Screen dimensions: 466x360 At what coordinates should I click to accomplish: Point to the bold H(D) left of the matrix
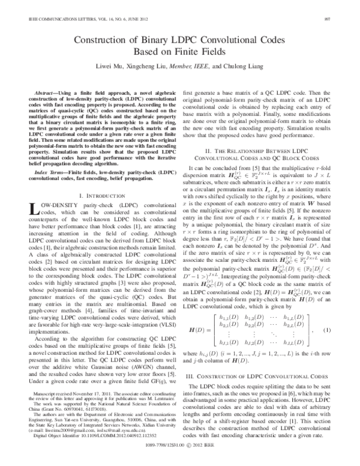pos(199,330)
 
